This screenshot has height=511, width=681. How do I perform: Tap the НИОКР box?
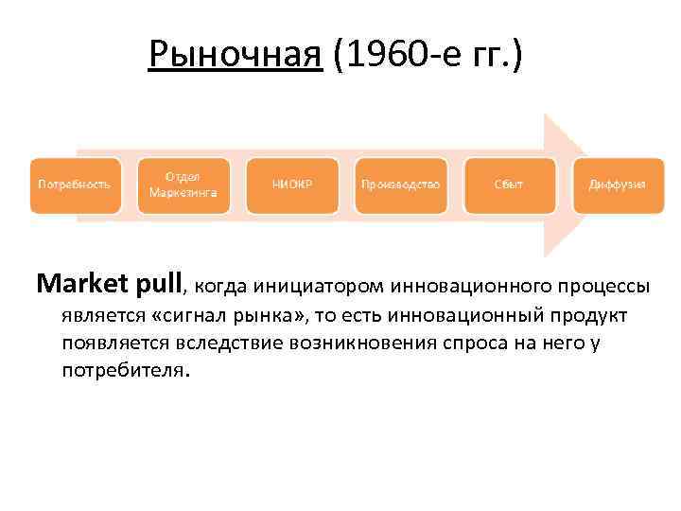(291, 184)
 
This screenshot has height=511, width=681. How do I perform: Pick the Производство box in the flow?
(400, 184)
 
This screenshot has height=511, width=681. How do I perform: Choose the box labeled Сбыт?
(509, 184)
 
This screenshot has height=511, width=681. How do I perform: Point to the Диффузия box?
(617, 184)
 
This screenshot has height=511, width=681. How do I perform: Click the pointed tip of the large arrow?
(585, 184)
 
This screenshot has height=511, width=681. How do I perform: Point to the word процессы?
(604, 284)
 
